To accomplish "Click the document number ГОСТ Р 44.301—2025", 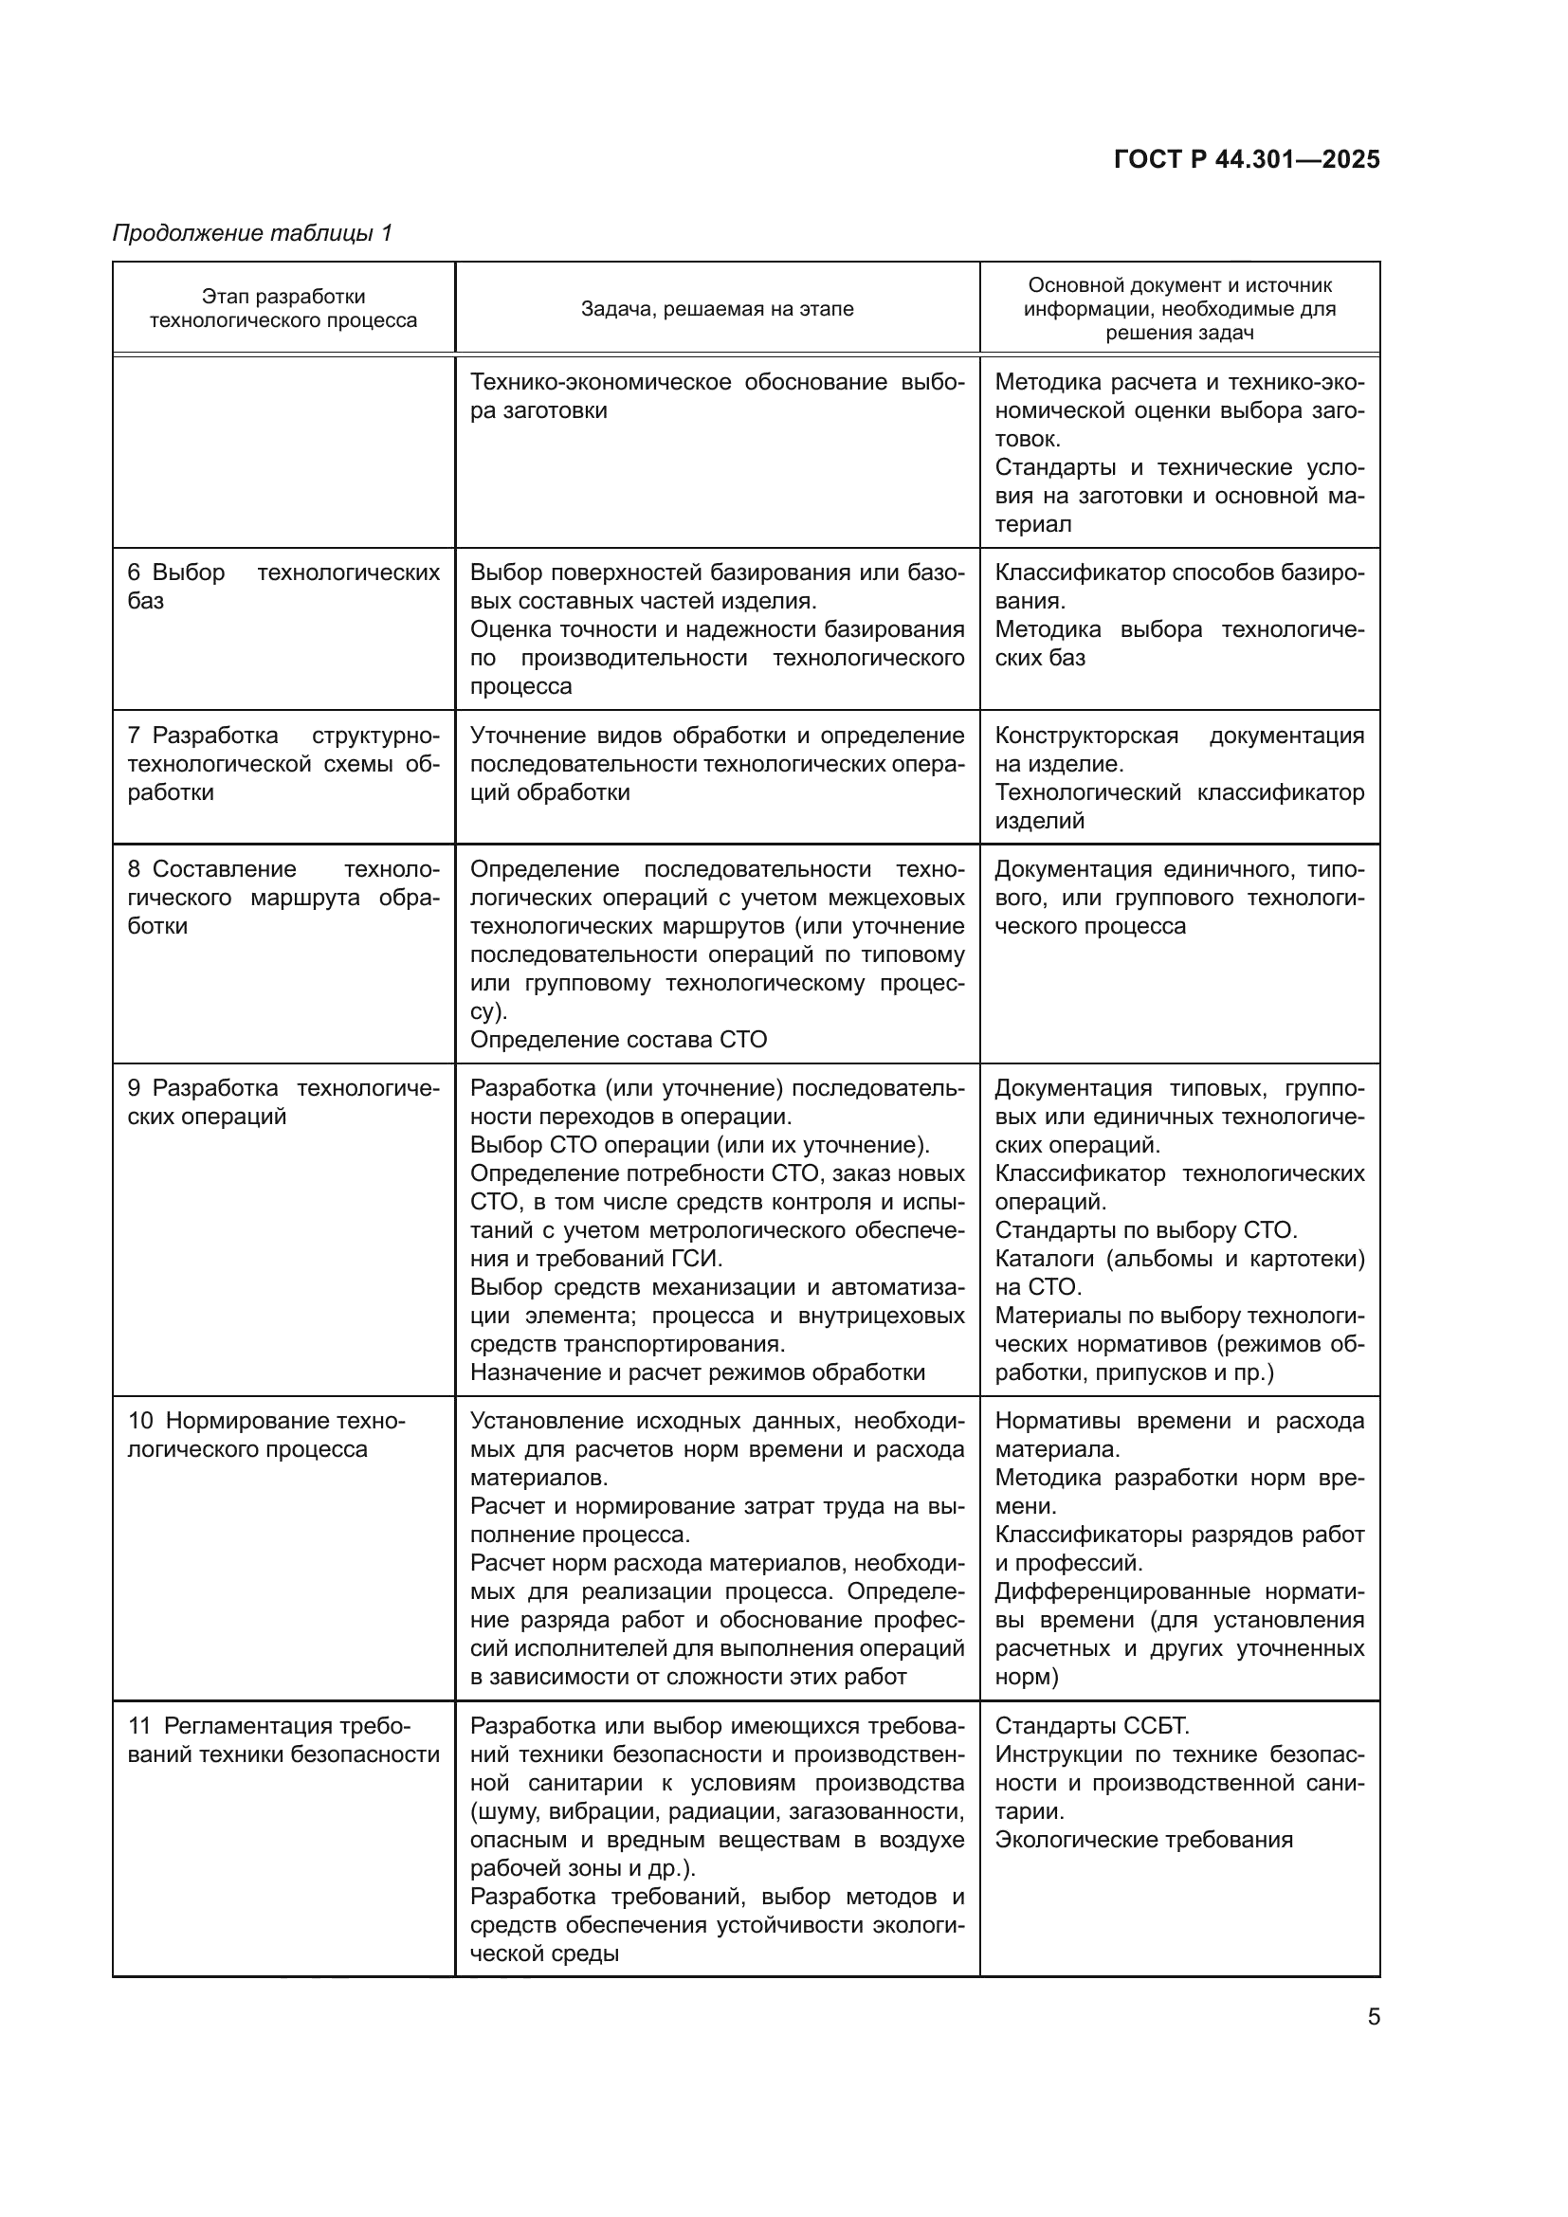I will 1247,160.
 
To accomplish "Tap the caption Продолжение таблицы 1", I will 252,233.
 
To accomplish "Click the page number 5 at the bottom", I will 1373,2017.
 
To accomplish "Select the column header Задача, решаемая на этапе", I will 717,309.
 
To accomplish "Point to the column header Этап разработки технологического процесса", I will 283,309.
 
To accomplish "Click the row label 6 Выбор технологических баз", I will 283,586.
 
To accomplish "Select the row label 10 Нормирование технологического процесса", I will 266,1435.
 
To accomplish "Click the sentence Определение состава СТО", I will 618,1040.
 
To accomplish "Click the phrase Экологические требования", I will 1143,1840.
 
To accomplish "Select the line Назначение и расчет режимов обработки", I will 697,1372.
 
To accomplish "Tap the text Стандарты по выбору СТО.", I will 1146,1230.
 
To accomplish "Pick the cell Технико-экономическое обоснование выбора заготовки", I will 717,396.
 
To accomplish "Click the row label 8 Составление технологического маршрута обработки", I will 283,897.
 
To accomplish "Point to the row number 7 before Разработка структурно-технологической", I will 135,736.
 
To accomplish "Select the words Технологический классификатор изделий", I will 1179,807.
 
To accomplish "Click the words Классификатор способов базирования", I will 1179,586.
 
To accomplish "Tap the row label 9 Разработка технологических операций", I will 283,1101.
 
